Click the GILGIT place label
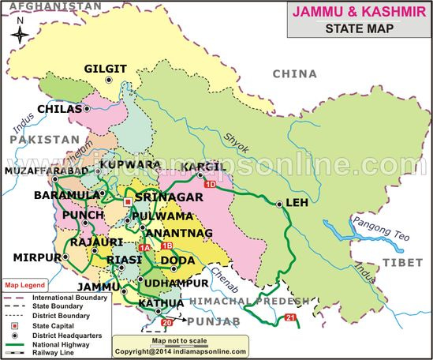[105, 70]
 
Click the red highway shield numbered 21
[289, 318]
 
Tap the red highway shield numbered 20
[166, 323]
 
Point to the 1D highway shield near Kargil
[210, 185]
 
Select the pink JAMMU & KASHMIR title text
[358, 13]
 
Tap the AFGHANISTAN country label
[51, 6]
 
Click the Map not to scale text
[181, 340]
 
